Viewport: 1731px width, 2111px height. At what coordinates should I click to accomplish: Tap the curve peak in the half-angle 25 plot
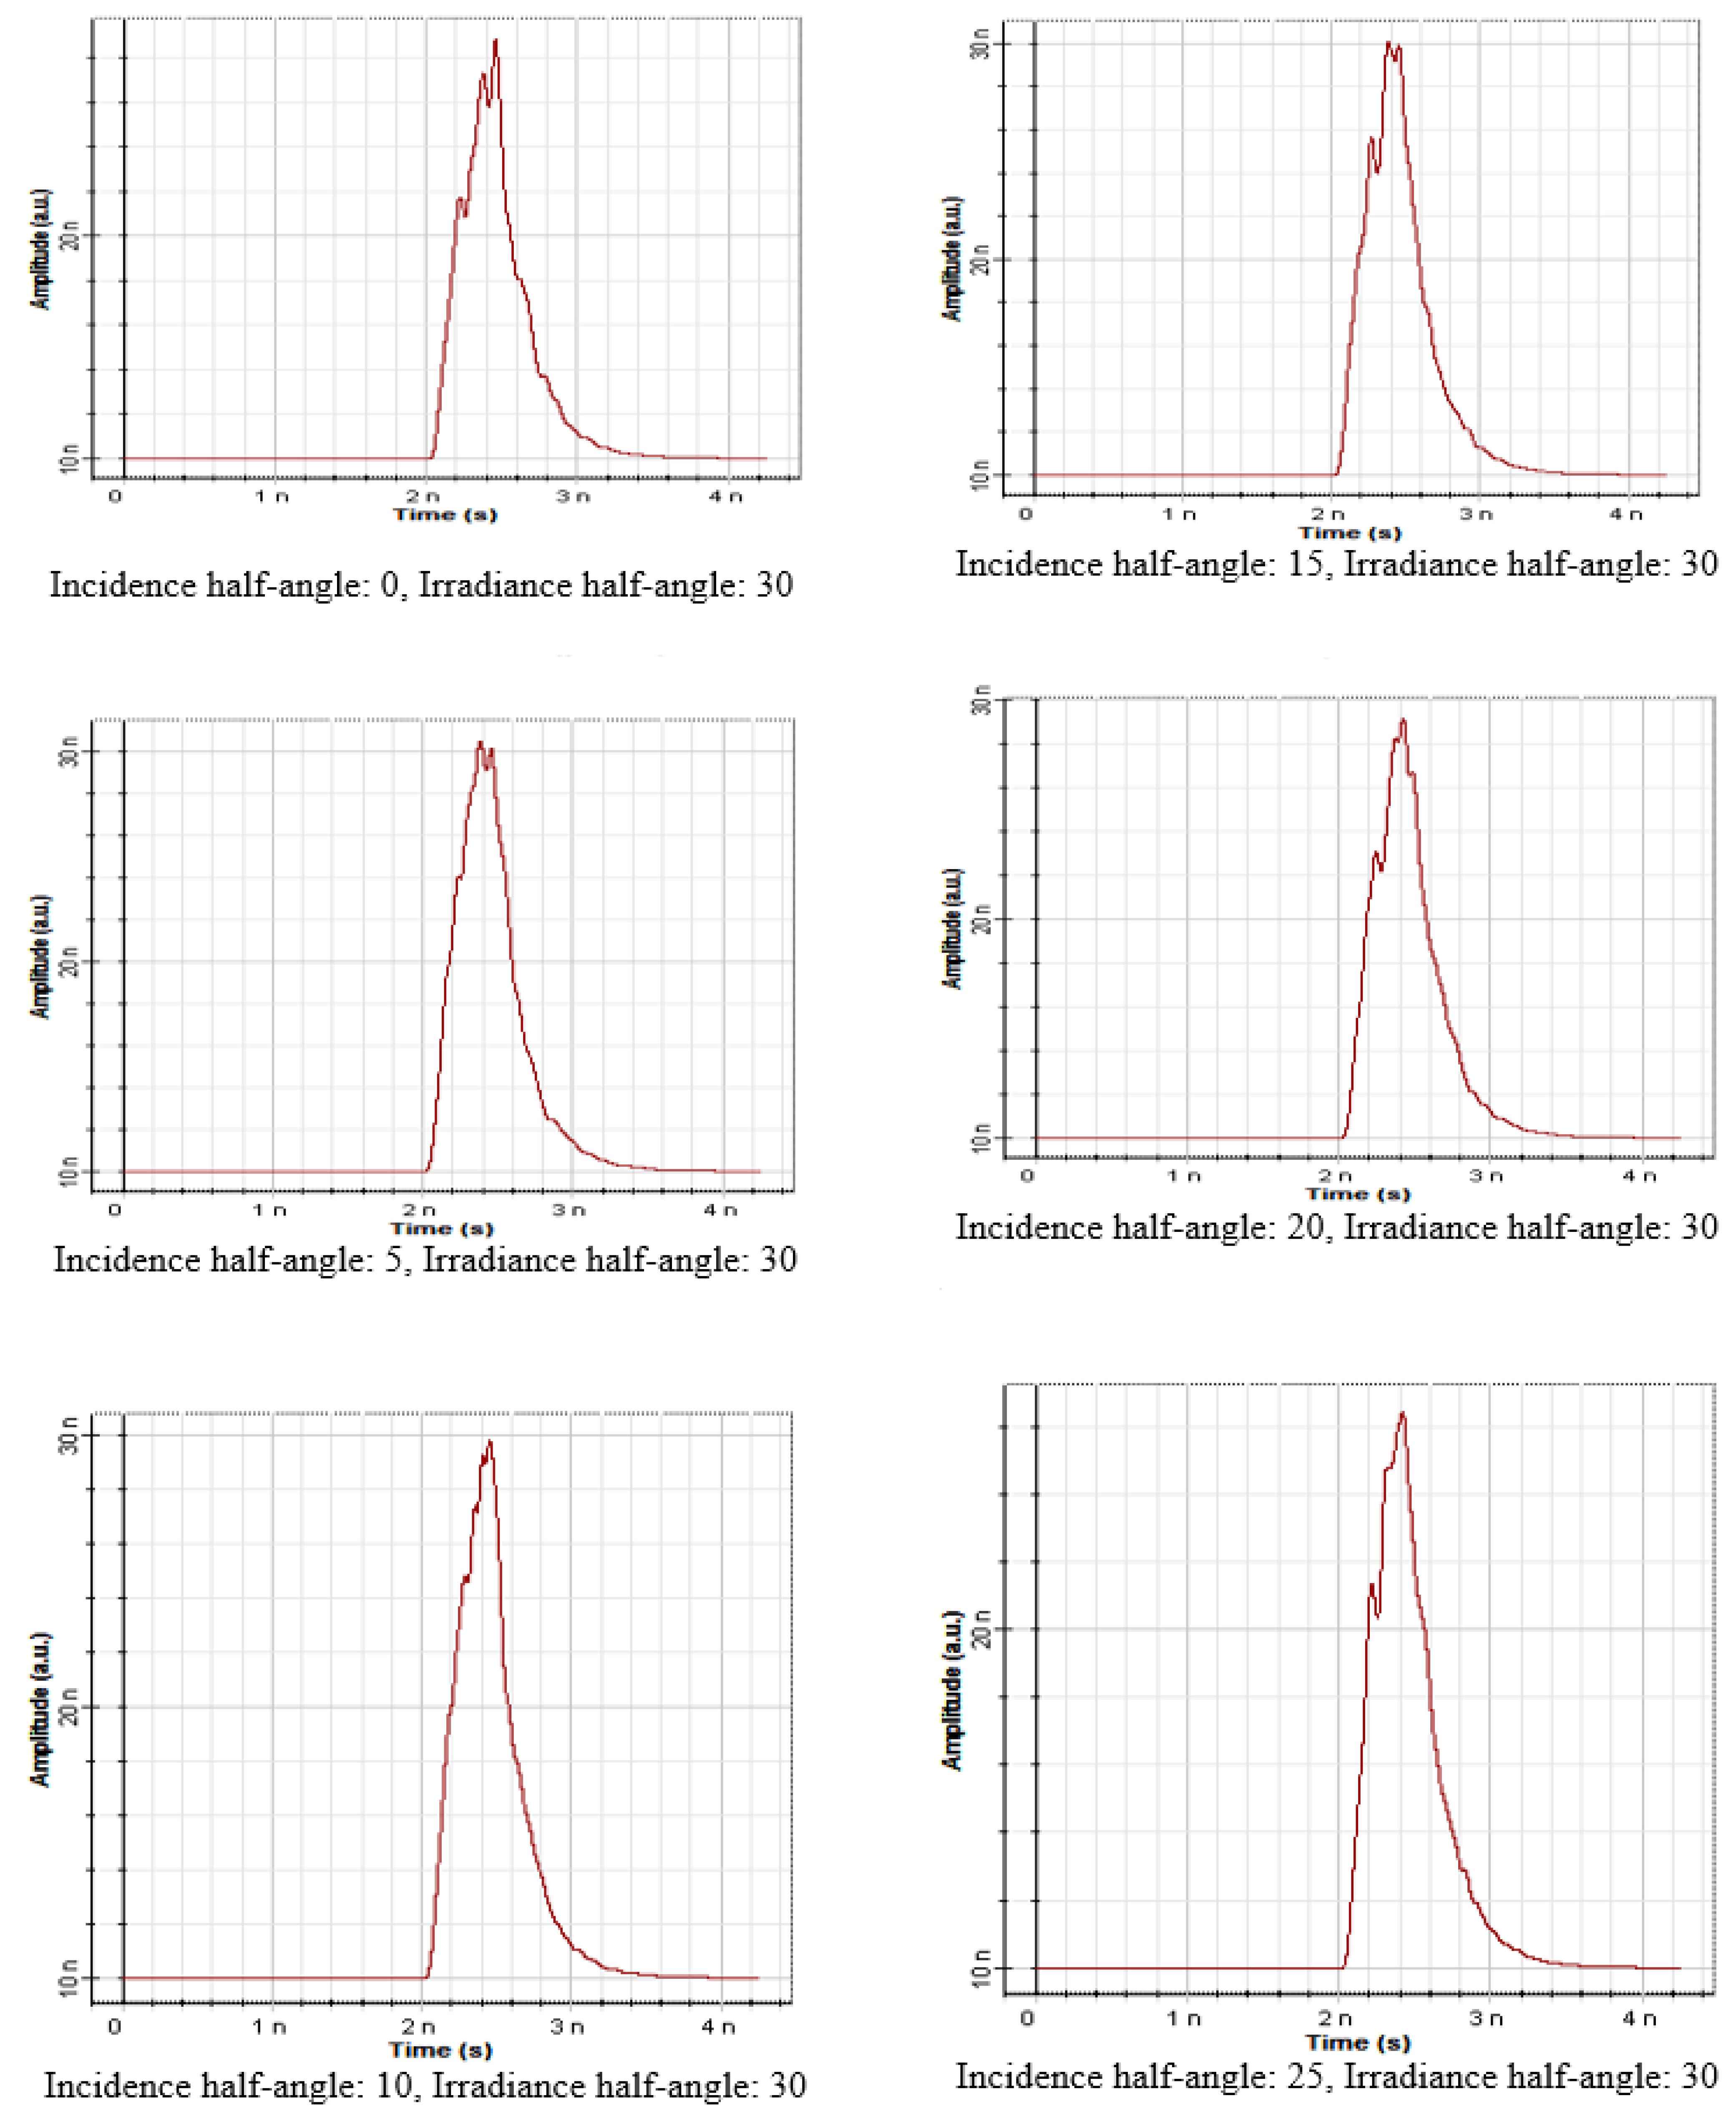(1403, 1413)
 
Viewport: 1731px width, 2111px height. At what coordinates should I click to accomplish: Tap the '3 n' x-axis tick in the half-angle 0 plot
(574, 496)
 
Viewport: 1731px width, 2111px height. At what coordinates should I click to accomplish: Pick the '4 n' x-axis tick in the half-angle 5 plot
(724, 1210)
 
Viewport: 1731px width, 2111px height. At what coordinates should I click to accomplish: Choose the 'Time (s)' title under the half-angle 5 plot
(442, 1228)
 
